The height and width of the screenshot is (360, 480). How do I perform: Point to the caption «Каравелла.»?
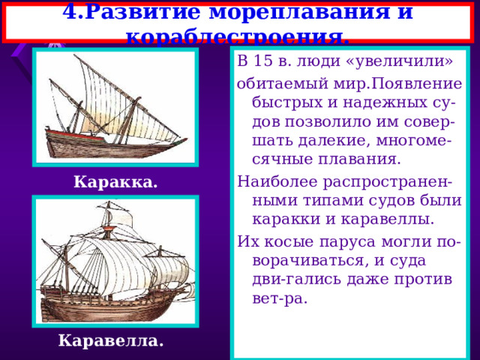coord(110,341)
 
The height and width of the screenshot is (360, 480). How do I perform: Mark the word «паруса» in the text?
coord(345,241)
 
